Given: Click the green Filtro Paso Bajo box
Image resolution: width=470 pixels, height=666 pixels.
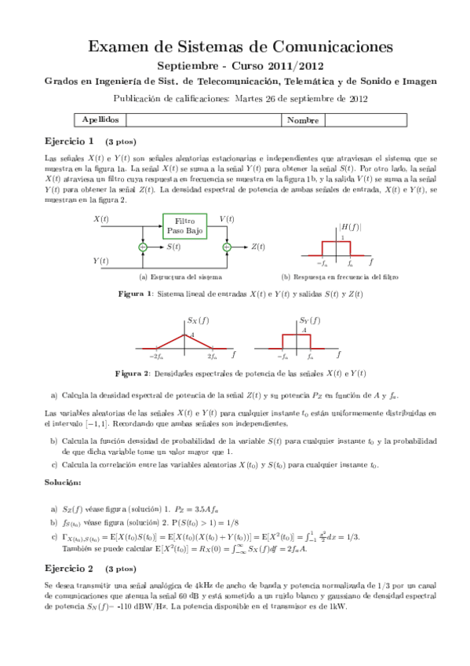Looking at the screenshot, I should click(x=184, y=226).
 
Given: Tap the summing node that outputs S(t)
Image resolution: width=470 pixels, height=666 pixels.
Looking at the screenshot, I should click(x=142, y=247).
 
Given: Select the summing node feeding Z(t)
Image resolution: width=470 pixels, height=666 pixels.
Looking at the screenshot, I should click(x=227, y=247).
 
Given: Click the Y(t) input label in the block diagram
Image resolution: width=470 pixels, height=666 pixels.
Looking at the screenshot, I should click(x=100, y=260).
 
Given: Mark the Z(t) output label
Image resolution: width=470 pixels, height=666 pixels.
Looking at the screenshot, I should click(x=259, y=247).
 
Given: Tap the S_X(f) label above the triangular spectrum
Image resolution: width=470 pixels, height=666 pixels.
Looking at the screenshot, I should click(x=198, y=320).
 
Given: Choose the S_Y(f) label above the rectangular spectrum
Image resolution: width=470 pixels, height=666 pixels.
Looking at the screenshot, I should click(x=310, y=320).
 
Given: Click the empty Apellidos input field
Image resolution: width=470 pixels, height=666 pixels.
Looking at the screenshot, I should click(x=202, y=120).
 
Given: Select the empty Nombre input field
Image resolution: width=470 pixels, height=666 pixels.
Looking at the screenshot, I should click(x=366, y=120).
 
